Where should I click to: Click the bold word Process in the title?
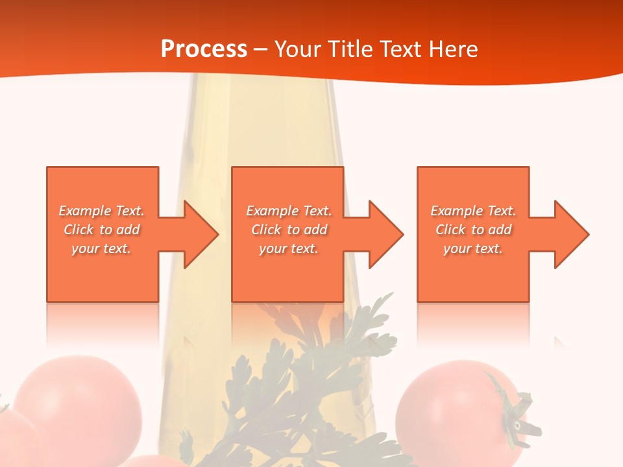pyautogui.click(x=204, y=49)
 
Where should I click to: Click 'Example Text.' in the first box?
pyautogui.click(x=101, y=211)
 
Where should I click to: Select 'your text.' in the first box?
pyautogui.click(x=101, y=248)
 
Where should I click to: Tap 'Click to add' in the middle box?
pyautogui.click(x=289, y=230)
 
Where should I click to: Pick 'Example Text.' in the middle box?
pyautogui.click(x=289, y=211)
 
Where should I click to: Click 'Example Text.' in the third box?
pyautogui.click(x=473, y=211)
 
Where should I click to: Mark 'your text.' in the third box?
pyautogui.click(x=473, y=248)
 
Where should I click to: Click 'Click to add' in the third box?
pyautogui.click(x=473, y=230)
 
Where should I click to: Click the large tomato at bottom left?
pyautogui.click(x=78, y=402)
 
